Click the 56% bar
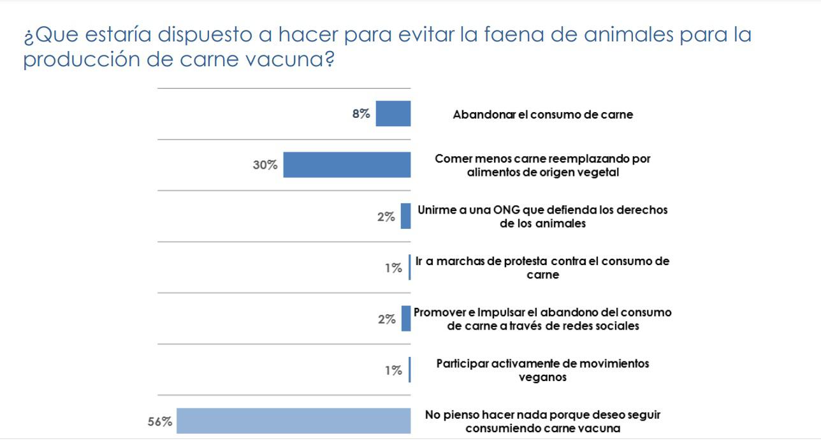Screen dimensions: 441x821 point(293,421)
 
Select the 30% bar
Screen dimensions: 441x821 point(347,164)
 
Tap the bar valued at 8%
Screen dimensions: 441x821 point(393,113)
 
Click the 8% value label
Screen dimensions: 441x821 point(361,114)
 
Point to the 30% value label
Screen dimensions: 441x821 point(265,165)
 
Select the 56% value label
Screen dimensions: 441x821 point(160,421)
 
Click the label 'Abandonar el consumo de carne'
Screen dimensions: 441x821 point(542,115)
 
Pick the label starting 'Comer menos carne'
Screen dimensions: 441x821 point(542,164)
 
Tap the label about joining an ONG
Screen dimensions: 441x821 point(542,216)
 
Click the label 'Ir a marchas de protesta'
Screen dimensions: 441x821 point(542,268)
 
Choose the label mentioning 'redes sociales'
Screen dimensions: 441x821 point(542,319)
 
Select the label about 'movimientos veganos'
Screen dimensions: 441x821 point(542,370)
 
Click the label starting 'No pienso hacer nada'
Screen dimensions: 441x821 point(542,421)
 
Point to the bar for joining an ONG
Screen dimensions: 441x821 point(405,216)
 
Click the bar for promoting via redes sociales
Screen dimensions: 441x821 point(405,319)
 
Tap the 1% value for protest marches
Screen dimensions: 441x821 point(393,268)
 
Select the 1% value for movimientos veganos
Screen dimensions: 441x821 point(393,370)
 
